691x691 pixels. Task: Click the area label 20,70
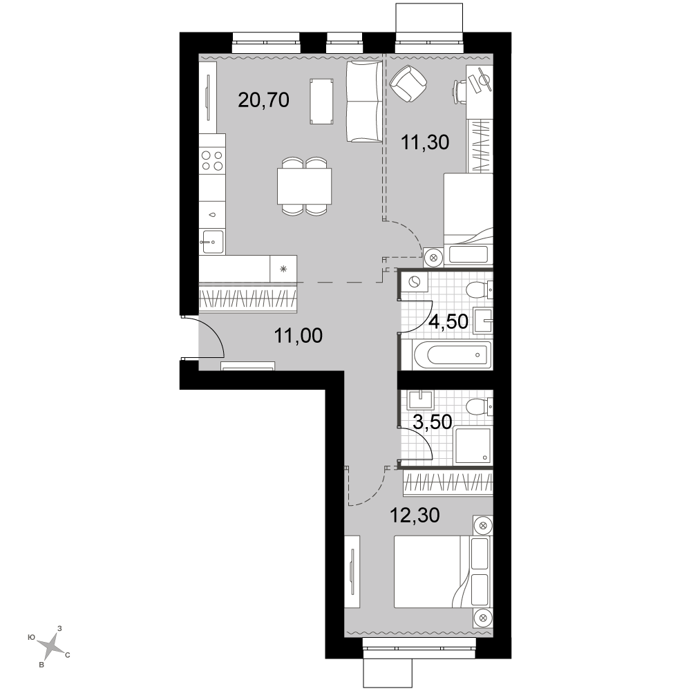click(263, 100)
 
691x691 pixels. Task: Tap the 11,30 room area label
click(425, 142)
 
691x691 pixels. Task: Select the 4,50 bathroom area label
click(448, 322)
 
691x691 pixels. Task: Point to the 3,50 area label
click(433, 422)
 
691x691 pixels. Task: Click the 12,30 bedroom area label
click(415, 515)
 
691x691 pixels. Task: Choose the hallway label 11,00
click(299, 336)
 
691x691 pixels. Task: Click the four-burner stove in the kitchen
click(212, 160)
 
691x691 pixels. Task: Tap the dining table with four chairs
click(304, 187)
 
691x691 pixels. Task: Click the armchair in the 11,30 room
click(408, 83)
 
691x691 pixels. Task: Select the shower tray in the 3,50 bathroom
click(473, 445)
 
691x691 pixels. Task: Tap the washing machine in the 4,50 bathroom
click(414, 282)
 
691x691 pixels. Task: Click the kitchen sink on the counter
click(212, 242)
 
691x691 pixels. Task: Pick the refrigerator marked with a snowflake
click(283, 269)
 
